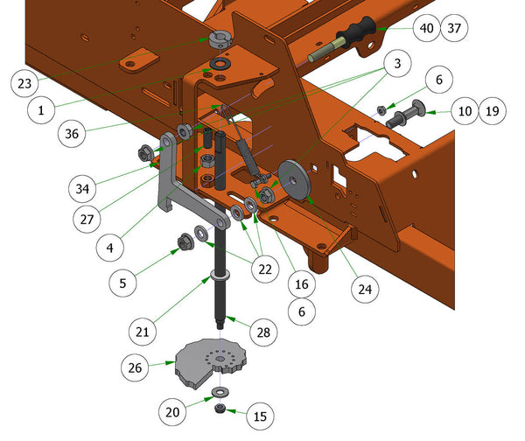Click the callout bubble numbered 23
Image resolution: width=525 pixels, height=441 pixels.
click(x=24, y=83)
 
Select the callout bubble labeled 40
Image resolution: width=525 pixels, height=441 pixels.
click(x=427, y=28)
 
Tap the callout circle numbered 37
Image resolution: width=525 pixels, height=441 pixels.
click(x=454, y=28)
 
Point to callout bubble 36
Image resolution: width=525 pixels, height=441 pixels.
click(x=72, y=134)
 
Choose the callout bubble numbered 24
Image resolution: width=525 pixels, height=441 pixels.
click(x=365, y=290)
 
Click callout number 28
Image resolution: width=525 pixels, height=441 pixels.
click(x=263, y=332)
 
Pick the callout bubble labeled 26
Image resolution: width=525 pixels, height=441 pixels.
click(x=135, y=367)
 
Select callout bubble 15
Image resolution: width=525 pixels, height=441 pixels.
click(x=260, y=416)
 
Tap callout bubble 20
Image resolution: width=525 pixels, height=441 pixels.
click(x=172, y=412)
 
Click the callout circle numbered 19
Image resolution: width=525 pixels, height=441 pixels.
click(x=492, y=111)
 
